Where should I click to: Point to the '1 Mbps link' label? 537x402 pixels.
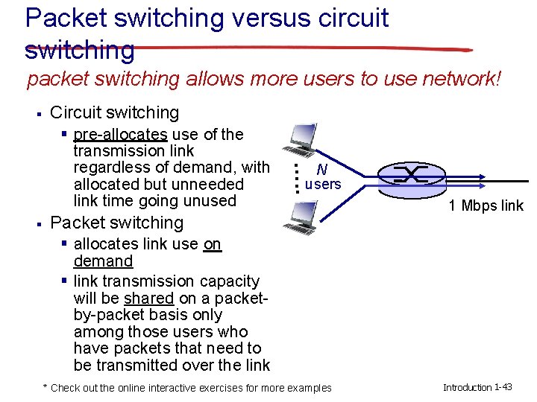[486, 205]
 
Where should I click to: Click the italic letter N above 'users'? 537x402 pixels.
[321, 169]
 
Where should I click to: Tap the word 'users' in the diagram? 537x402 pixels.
[324, 184]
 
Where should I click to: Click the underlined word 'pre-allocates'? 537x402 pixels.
[120, 134]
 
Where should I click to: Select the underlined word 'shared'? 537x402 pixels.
[148, 298]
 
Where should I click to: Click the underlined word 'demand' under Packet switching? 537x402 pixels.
[103, 261]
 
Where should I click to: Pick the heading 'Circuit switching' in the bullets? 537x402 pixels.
[114, 112]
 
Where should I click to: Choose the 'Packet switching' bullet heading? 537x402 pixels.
[116, 222]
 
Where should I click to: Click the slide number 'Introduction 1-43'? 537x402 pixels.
[477, 387]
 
